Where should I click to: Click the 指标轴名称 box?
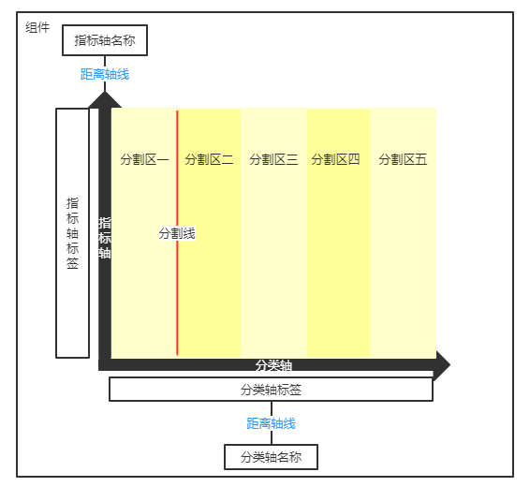[x=105, y=40]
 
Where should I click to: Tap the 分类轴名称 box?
[x=271, y=457]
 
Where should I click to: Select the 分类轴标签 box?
[x=271, y=390]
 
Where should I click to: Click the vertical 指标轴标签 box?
[x=72, y=233]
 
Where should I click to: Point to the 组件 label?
[x=37, y=27]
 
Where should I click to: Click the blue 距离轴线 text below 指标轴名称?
[x=105, y=74]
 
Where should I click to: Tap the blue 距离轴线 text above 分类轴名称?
[x=271, y=423]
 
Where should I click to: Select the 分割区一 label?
[x=144, y=159]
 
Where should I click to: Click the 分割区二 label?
[x=209, y=159]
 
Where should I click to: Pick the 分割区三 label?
[x=273, y=159]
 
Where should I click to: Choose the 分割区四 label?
[x=335, y=159]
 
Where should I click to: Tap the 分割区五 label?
[x=403, y=159]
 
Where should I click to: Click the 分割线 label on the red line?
[x=177, y=233]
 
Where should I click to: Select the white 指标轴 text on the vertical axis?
[x=105, y=238]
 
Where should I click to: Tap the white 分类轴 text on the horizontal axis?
[x=273, y=365]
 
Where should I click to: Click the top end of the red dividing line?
[x=177, y=111]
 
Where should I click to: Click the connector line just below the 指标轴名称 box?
[x=105, y=62]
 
